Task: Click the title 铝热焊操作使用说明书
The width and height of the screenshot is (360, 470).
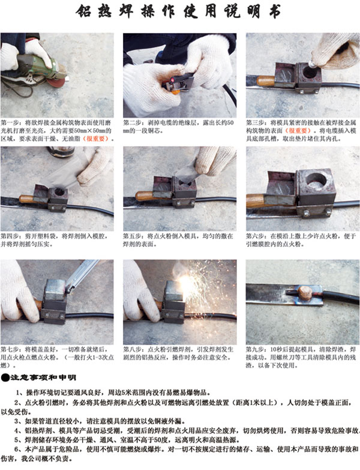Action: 180,13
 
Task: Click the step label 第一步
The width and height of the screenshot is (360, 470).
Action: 13,120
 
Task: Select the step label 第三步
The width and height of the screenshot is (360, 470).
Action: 257,120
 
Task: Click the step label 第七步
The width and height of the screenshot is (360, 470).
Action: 13,348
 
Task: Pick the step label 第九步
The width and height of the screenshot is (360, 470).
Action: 257,348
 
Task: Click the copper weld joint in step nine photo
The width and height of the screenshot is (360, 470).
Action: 305,293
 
